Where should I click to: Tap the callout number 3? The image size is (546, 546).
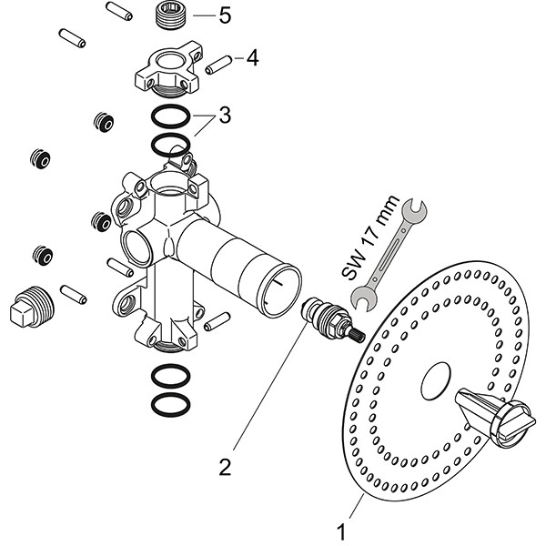click(224, 117)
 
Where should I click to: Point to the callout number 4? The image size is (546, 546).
click(251, 59)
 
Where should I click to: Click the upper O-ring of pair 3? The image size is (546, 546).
click(170, 116)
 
